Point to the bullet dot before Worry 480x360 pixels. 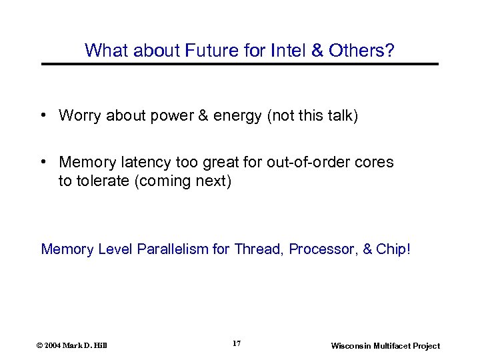coord(43,116)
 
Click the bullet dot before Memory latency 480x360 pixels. coord(43,163)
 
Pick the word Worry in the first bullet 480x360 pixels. coord(79,116)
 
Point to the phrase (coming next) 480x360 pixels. coord(183,181)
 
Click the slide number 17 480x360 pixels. coord(236,343)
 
